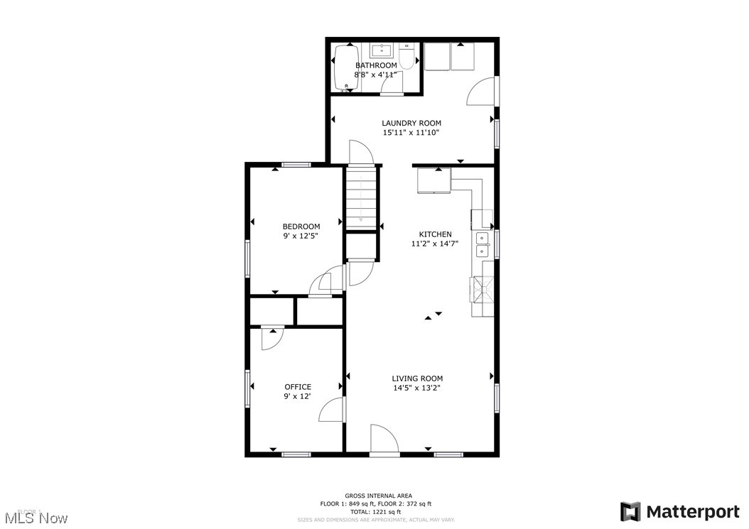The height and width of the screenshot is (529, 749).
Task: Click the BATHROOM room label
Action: [376, 65]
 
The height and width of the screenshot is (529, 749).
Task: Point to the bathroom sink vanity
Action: [383, 50]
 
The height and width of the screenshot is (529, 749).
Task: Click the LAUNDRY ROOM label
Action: [411, 123]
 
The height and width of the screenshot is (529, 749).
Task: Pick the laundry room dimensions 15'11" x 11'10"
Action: [411, 133]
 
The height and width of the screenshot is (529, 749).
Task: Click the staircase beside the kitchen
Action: [360, 197]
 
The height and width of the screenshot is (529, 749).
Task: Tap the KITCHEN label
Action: [435, 234]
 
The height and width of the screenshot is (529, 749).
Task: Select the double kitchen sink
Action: [483, 244]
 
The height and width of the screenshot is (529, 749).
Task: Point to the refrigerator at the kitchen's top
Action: [433, 181]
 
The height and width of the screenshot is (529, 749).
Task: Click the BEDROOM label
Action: [301, 227]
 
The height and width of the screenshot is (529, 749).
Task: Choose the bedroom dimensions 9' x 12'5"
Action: [301, 236]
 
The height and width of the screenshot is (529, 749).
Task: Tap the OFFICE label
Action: [298, 387]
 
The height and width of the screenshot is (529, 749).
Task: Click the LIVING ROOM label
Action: [418, 378]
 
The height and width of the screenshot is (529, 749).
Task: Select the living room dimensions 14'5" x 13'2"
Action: [418, 388]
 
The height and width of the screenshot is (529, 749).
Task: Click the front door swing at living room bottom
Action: [384, 440]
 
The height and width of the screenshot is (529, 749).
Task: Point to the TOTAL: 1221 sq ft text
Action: [378, 511]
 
